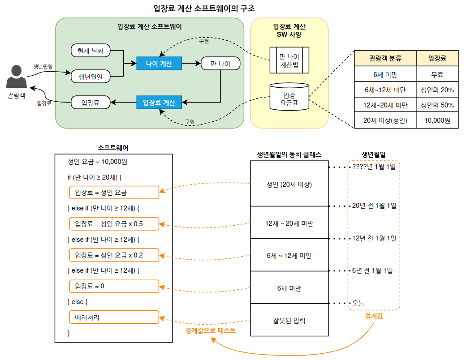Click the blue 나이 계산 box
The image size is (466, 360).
(x=159, y=64)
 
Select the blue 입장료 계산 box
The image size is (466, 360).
(x=159, y=103)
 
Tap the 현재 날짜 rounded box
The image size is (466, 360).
(x=91, y=51)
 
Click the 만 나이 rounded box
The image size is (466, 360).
(x=220, y=64)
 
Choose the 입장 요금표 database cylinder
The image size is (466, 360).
(x=289, y=98)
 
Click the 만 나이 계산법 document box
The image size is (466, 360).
(x=289, y=60)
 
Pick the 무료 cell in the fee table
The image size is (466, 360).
(x=437, y=74)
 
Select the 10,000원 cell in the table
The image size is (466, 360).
(x=437, y=120)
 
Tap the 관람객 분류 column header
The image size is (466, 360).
(x=385, y=59)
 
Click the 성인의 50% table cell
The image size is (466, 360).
(x=437, y=105)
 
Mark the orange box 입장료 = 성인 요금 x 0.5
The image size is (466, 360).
(x=114, y=223)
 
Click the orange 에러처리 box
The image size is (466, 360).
(x=114, y=317)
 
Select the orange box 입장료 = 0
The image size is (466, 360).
(x=114, y=286)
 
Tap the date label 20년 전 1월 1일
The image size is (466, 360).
(x=374, y=206)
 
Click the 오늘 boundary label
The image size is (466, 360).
(x=358, y=303)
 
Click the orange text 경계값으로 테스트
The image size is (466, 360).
(x=211, y=331)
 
